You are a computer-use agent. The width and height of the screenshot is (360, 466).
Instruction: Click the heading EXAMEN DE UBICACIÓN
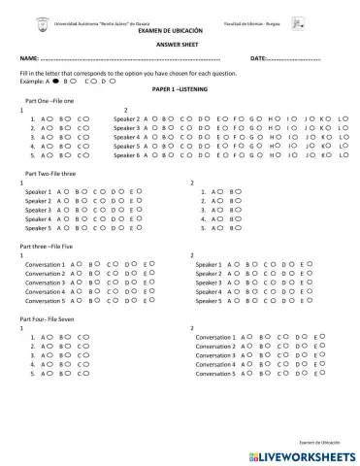pos(176,31)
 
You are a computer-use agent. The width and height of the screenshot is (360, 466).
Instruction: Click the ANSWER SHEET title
pos(176,45)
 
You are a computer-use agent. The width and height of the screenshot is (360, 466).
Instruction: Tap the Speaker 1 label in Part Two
pos(38,192)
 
